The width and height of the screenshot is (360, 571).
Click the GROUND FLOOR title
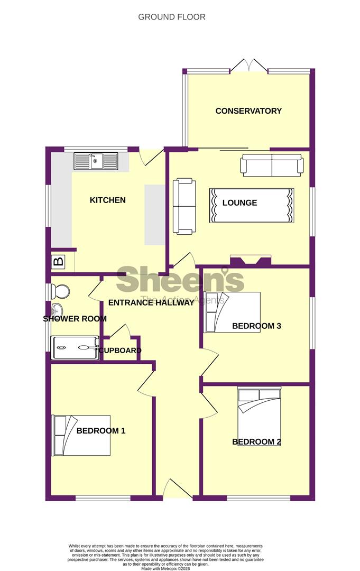tap(172, 17)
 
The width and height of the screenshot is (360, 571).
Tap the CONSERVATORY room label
tap(248, 111)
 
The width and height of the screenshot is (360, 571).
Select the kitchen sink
tap(96, 161)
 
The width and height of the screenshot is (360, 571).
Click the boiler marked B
tap(58, 261)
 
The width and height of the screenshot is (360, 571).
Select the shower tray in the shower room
tap(75, 347)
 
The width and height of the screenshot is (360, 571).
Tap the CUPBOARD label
tap(119, 351)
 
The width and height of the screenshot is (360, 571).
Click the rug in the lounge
tap(252, 205)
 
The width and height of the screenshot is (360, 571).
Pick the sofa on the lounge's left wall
tap(183, 206)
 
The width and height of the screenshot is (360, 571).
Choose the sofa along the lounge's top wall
tap(272, 165)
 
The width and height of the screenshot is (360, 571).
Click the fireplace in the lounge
tap(251, 260)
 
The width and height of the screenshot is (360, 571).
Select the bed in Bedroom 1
tap(81, 435)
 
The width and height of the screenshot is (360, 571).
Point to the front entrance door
tap(177, 489)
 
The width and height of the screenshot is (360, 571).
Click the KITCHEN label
tap(108, 200)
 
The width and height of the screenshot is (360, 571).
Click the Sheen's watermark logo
tap(180, 280)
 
